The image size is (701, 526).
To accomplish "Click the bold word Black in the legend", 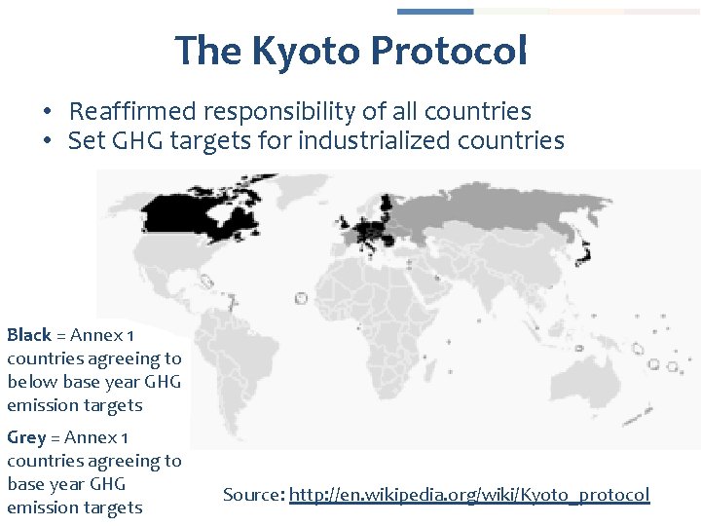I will (28, 335).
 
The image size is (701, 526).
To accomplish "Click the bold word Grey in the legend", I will (25, 437).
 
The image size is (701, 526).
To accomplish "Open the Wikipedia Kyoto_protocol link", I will (469, 495).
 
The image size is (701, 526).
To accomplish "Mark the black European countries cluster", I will (370, 232).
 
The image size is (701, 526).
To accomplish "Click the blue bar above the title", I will (435, 12).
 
